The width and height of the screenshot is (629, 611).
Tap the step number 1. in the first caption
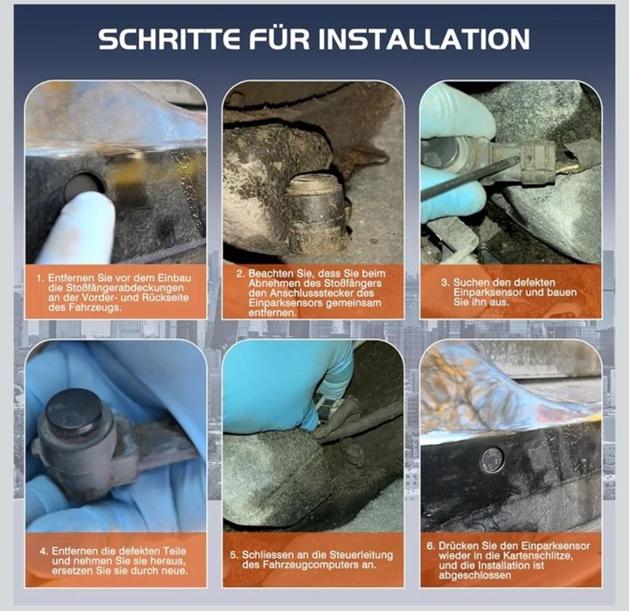point(39,277)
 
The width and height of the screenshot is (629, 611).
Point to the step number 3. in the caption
point(445,282)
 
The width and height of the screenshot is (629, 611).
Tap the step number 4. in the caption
point(44,553)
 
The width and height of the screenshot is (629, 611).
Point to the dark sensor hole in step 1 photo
point(84,184)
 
